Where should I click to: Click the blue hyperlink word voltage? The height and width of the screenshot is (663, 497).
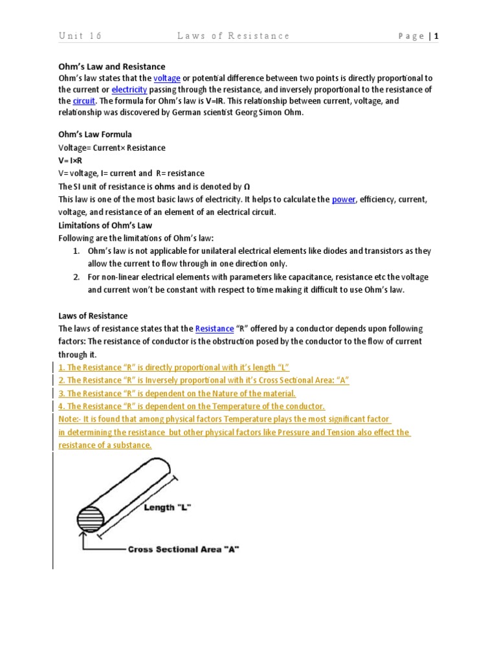(x=166, y=78)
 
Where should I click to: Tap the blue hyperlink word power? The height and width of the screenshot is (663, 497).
(x=344, y=200)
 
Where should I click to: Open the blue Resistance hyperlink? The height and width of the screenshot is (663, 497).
(x=214, y=329)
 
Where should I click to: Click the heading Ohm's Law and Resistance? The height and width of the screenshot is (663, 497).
(x=112, y=67)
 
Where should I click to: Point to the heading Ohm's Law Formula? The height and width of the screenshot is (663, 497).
(x=95, y=135)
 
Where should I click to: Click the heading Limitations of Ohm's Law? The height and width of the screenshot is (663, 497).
(x=105, y=225)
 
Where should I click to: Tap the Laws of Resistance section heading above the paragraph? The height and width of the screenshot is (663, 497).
(x=93, y=316)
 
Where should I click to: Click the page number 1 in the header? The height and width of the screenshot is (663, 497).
(x=437, y=36)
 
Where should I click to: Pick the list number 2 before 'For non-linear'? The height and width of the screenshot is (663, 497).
(x=76, y=277)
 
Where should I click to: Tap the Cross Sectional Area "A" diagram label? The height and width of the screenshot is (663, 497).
(x=183, y=549)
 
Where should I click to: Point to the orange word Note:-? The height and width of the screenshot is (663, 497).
(x=71, y=420)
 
